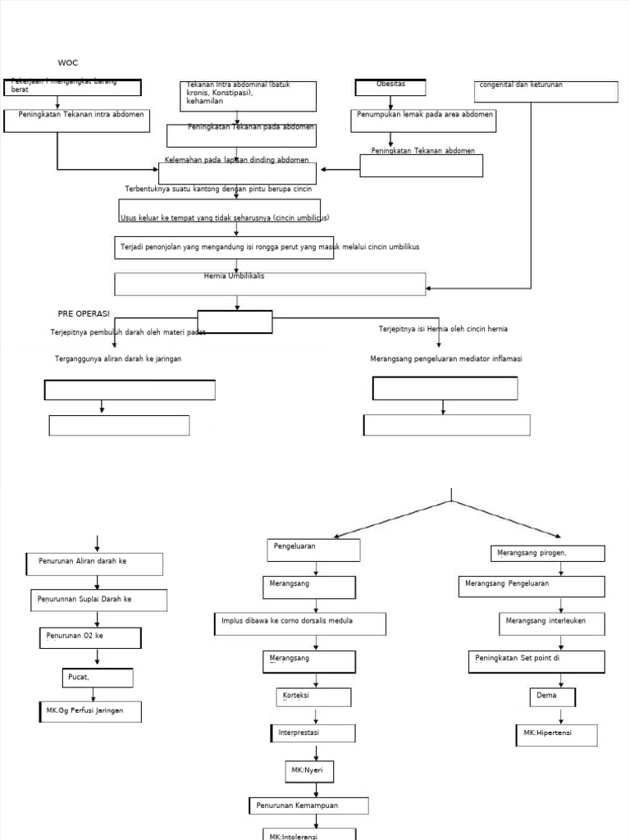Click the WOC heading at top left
(x=68, y=63)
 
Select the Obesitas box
(x=390, y=87)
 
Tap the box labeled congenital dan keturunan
(x=546, y=91)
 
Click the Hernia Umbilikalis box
(x=270, y=283)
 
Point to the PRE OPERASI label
(x=84, y=313)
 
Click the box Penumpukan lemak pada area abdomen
(x=424, y=120)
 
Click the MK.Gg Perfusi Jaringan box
(x=89, y=711)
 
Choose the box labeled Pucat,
(x=98, y=678)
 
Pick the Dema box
(x=552, y=696)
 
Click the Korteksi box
(x=313, y=696)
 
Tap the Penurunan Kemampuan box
(x=308, y=806)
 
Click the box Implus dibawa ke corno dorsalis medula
(x=300, y=623)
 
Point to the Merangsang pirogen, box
(x=547, y=554)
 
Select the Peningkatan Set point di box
(x=537, y=661)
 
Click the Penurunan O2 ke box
(x=90, y=637)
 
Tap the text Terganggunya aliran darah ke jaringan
(x=118, y=359)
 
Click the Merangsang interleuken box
(x=553, y=623)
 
